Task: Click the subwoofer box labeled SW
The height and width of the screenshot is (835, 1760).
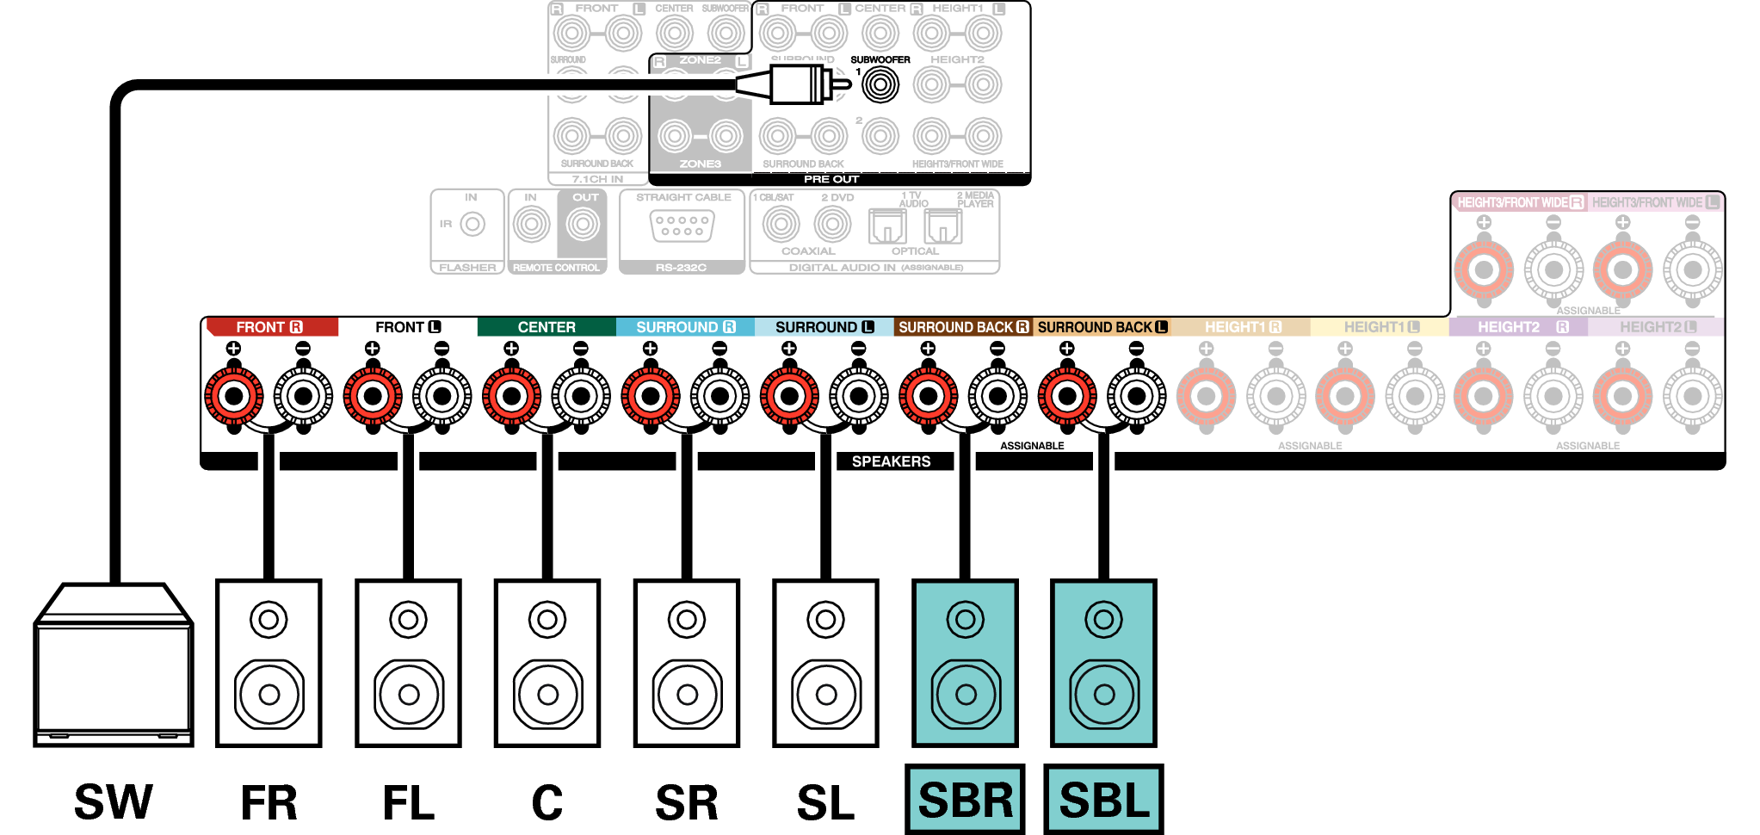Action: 114,667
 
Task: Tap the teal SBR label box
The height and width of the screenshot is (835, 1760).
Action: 965,800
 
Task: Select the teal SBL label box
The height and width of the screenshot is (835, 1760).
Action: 1103,800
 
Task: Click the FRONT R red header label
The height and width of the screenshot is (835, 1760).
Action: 269,327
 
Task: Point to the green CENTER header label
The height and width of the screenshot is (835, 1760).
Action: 547,327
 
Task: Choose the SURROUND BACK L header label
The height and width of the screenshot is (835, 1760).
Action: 1102,327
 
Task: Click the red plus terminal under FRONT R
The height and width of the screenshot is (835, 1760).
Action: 234,396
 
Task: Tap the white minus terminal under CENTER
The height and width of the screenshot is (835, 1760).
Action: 581,396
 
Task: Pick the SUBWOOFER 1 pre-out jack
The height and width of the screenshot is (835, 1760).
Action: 880,84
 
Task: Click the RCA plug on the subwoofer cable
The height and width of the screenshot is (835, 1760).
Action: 796,84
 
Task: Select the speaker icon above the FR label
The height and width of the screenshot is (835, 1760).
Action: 269,663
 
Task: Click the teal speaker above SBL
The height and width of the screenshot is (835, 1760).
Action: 1103,663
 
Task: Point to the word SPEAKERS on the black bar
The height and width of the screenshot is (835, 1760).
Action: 891,461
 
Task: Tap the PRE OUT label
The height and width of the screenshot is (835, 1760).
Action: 831,179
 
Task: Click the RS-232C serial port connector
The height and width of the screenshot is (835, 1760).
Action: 682,226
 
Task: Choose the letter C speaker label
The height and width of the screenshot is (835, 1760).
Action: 547,802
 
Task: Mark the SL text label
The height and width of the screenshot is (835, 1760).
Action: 825,802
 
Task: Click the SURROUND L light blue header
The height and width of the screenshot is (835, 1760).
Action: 824,327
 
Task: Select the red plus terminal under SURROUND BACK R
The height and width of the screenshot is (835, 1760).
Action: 928,396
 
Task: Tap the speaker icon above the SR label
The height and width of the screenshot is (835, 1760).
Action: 687,663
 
